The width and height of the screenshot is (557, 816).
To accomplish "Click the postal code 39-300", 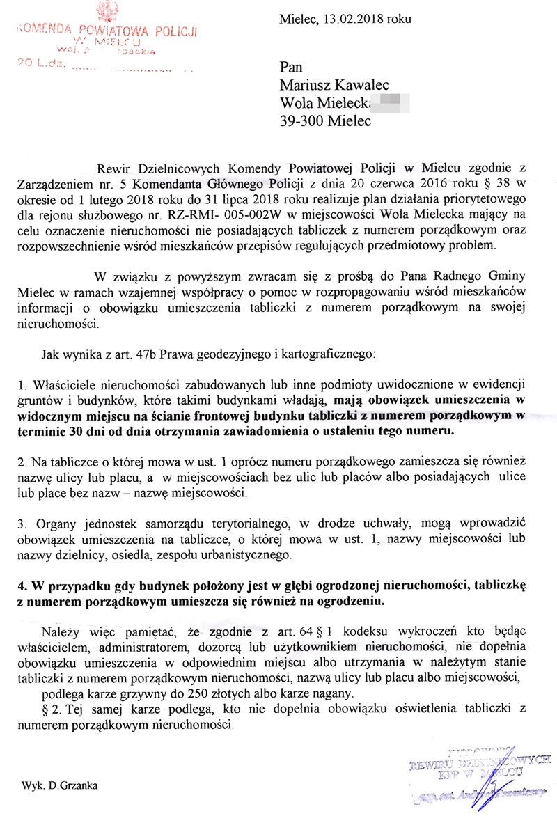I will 304,120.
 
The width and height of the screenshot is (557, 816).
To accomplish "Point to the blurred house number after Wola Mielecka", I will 391,103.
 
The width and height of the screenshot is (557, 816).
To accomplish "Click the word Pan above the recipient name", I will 290,67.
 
